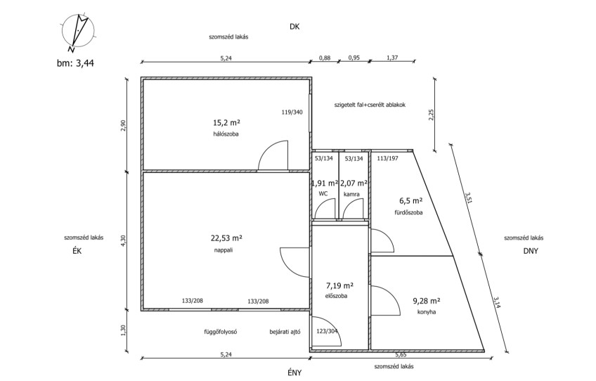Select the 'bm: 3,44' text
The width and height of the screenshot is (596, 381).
pos(75,63)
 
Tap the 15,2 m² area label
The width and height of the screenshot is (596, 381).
pos(226,123)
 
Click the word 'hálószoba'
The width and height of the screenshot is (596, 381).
pos(226,134)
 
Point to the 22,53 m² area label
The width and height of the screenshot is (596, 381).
pos(226,238)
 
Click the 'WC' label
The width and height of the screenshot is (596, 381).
pos(323,194)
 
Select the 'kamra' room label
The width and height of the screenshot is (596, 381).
pos(351,194)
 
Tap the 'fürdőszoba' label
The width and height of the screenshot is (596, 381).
pos(408,212)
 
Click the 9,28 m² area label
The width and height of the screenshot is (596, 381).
pos(427,301)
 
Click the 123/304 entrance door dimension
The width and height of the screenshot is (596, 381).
pos(328,331)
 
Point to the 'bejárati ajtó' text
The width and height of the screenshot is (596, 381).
pos(285,332)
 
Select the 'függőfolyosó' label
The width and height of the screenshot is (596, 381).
pos(221,332)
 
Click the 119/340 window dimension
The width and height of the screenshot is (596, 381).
pos(292,112)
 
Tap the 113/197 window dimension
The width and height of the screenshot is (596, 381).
pos(388,159)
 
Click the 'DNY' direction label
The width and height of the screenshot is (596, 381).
pos(531,251)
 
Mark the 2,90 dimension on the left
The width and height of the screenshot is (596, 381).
pos(122,126)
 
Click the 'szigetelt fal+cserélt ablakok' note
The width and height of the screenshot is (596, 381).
pos(370,105)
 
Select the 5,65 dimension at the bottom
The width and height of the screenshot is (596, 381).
pos(401,354)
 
